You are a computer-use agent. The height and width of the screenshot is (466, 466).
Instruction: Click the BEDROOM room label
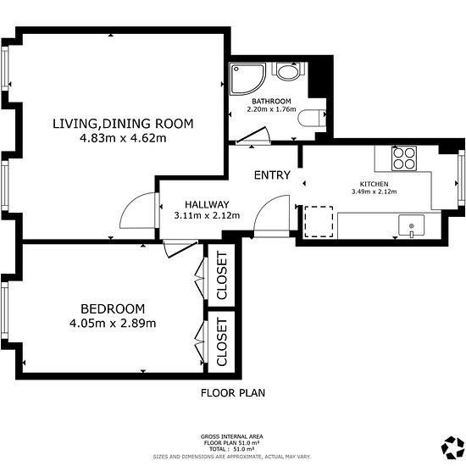[x=113, y=309]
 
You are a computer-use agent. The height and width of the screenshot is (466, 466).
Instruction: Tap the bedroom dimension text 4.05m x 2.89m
[x=113, y=323]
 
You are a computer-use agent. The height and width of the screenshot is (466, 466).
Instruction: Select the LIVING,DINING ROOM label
[x=123, y=124]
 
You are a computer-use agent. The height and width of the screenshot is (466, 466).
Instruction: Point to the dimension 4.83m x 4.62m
[x=123, y=138]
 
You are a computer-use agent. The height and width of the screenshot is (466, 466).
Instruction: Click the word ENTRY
[x=272, y=175]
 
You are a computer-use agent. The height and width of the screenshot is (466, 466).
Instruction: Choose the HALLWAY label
[x=207, y=204]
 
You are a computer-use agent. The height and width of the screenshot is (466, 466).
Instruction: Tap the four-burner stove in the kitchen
[x=404, y=158]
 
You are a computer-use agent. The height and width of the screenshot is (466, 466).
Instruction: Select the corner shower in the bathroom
[x=247, y=79]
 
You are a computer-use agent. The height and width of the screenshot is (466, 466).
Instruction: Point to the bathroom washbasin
[x=312, y=119]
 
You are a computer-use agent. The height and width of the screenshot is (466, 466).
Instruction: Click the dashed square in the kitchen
[x=319, y=222]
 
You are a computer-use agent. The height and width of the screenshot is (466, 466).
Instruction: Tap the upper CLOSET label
[x=222, y=275]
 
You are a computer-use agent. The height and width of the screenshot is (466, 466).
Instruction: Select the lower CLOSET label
[x=222, y=341]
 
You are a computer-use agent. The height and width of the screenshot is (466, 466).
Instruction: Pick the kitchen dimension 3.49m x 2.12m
[x=374, y=191]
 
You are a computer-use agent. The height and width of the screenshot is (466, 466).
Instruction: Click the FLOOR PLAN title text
[x=233, y=393]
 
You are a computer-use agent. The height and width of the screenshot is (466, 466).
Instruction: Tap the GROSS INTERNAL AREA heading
[x=232, y=436]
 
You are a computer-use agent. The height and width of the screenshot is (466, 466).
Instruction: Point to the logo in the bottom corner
[x=452, y=447]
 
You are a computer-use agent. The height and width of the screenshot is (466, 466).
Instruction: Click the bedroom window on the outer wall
[x=4, y=311]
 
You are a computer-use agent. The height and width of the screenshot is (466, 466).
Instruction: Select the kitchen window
[x=461, y=178]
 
